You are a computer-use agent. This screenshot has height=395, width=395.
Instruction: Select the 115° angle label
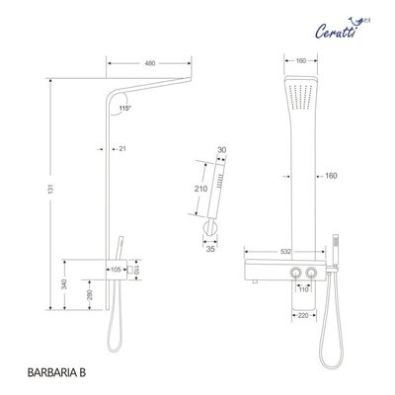click(123, 106)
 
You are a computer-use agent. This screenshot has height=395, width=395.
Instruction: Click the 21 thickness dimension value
click(122, 149)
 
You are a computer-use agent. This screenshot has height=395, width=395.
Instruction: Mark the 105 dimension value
click(116, 269)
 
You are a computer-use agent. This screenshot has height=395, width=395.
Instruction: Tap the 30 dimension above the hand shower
click(221, 150)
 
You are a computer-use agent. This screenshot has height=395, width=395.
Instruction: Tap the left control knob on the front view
click(292, 274)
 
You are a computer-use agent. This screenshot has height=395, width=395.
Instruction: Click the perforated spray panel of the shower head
click(301, 100)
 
